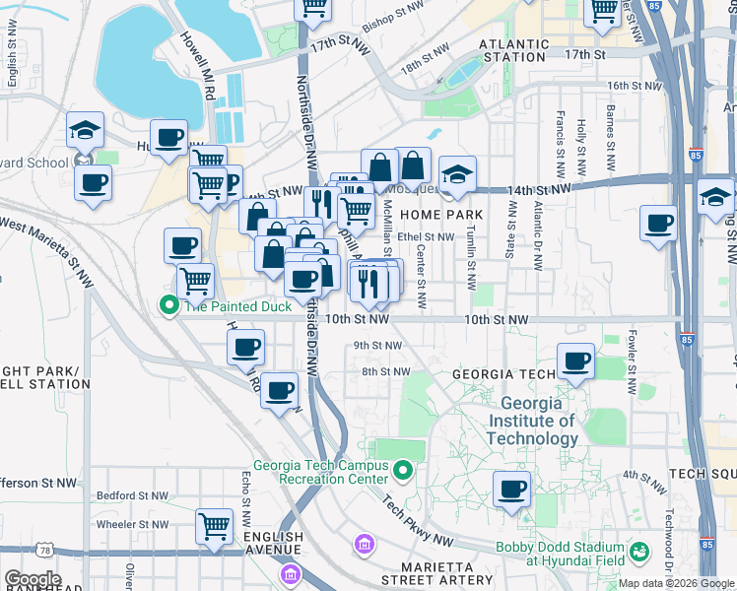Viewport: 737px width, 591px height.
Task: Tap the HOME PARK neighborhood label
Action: (x=440, y=215)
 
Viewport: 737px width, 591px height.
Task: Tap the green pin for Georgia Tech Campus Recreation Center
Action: (x=402, y=473)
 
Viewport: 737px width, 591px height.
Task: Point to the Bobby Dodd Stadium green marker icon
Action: (x=639, y=551)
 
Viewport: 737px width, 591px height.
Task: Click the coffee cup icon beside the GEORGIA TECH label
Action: (x=575, y=361)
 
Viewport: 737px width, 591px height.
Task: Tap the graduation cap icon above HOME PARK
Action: (x=456, y=174)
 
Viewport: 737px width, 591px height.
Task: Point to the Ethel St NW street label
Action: (x=426, y=237)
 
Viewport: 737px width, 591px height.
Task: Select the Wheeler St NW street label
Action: (x=128, y=525)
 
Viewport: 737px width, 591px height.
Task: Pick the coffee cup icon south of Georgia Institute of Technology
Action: (x=510, y=489)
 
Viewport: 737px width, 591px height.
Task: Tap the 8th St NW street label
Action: (x=385, y=371)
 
